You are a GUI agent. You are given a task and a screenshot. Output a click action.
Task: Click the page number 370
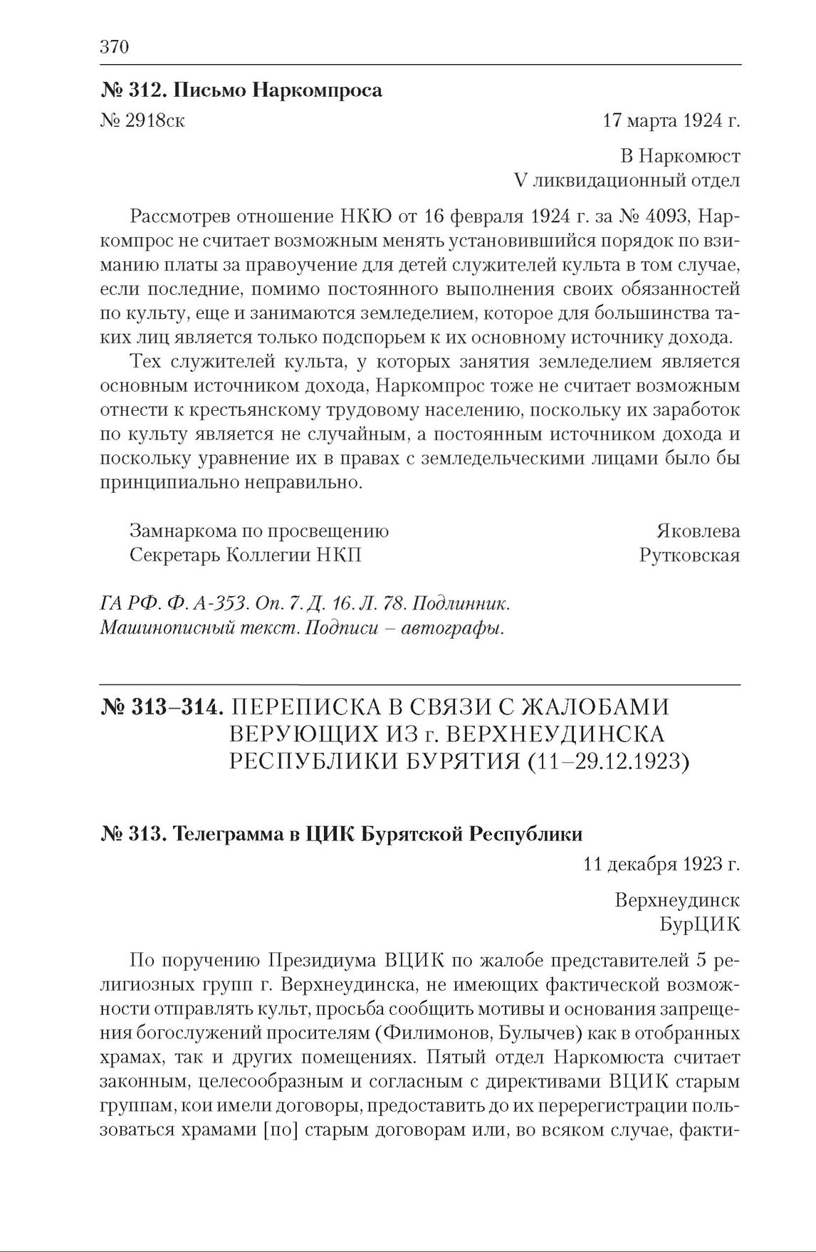pos(115,48)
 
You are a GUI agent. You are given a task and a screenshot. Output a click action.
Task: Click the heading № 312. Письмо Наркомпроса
pos(241,90)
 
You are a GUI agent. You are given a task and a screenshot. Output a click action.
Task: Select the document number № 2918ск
pos(143,120)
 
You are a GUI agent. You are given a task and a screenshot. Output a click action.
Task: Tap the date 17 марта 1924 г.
pos(671,120)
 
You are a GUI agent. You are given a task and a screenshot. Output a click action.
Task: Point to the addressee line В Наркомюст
pos(680,156)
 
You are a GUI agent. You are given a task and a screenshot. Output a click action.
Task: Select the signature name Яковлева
pos(698,531)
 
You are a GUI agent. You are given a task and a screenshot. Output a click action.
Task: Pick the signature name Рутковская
pos(689,555)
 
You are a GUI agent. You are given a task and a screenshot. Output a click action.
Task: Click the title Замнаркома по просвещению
pos(259,531)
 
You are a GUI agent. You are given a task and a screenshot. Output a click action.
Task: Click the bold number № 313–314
pos(163,707)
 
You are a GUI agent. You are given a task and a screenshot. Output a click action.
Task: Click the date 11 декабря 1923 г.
pos(661,865)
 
